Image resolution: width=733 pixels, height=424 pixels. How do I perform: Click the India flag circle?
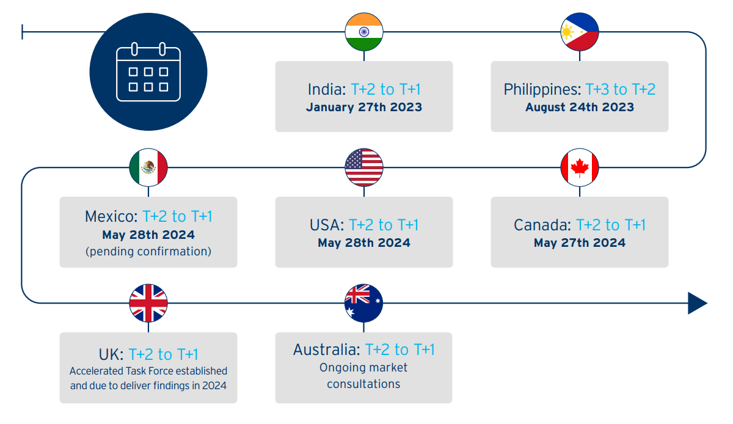364,32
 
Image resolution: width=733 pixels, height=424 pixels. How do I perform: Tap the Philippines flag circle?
580,32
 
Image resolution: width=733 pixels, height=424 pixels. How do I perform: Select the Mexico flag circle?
148,167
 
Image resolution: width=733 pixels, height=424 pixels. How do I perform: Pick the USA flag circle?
364,167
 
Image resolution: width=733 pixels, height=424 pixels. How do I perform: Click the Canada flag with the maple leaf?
580,167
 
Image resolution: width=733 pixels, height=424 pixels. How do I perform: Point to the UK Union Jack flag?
148,303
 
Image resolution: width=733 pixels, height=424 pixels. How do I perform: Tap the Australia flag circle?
363,303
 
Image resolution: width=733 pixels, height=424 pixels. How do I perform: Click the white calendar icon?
148,71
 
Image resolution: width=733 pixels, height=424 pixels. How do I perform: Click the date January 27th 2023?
364,108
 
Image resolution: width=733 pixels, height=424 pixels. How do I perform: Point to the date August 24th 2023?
580,108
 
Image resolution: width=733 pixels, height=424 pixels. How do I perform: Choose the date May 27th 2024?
580,243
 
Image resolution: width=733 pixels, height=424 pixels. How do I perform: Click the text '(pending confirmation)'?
148,252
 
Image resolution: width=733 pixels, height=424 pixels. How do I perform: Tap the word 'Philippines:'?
542,89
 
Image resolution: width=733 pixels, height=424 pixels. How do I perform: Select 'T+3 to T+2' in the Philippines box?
621,89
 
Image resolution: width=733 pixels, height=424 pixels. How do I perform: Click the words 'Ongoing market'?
363,368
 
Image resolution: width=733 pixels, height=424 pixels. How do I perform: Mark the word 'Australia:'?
327,349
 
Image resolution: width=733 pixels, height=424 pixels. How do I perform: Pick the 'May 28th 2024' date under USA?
364,243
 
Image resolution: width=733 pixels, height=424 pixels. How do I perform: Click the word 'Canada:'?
542,225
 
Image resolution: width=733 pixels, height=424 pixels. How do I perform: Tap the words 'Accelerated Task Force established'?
148,371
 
